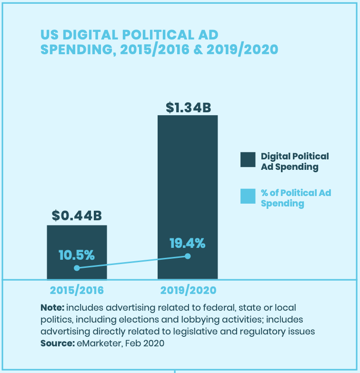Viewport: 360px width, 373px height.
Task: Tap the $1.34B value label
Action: [x=188, y=108]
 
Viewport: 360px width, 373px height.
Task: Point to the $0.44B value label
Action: [x=77, y=216]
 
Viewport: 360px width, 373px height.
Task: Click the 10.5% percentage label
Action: [x=77, y=255]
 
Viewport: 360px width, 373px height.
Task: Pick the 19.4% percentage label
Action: [x=188, y=243]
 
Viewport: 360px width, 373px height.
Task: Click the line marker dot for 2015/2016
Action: [x=77, y=268]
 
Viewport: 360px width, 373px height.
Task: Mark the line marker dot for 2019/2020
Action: [x=188, y=256]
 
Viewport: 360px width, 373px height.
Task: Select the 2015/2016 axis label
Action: [x=77, y=290]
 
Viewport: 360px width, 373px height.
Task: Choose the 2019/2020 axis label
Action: [x=188, y=290]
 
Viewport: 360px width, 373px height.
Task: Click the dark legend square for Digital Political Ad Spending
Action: [x=248, y=160]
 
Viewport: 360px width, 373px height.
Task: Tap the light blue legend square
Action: [x=248, y=196]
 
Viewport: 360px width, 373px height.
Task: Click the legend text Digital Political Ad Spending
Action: [x=295, y=161]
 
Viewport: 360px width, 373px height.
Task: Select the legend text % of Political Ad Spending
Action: [x=295, y=198]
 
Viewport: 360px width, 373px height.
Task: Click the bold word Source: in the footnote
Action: [x=57, y=343]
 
